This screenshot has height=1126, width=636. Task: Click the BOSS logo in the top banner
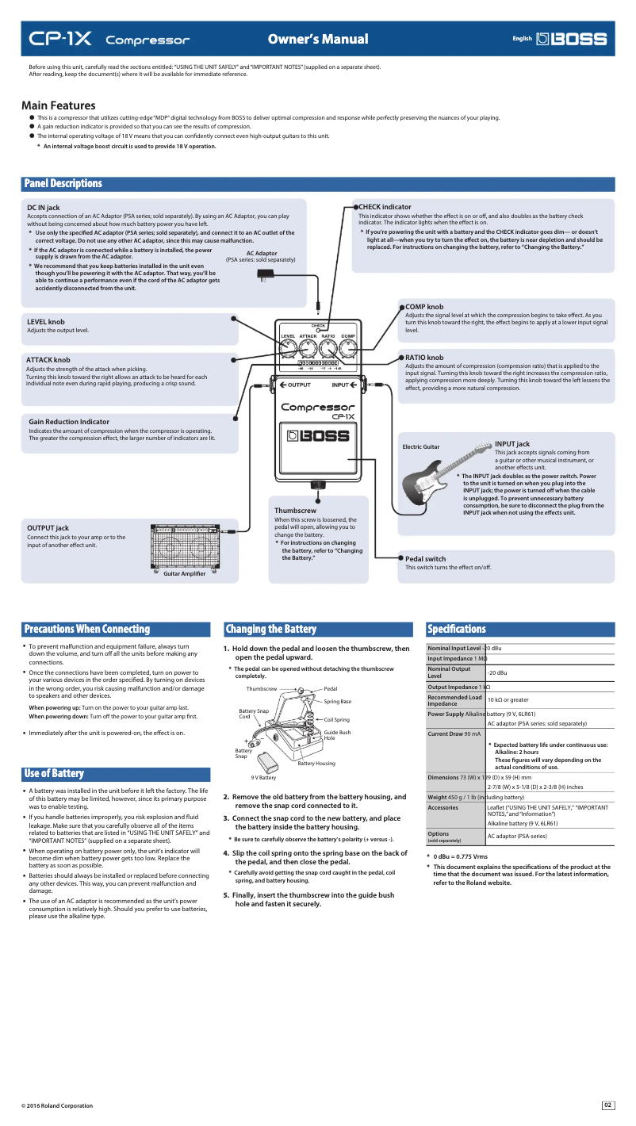[571, 39]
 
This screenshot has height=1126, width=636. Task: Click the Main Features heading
[59, 105]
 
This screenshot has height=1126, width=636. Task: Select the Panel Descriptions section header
[63, 184]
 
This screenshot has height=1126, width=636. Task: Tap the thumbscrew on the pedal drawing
[317, 484]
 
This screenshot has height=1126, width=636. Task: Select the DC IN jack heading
[44, 208]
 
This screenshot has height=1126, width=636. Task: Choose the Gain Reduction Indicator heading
[69, 421]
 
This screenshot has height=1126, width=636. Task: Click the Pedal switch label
[425, 559]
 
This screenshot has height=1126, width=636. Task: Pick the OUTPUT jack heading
[48, 527]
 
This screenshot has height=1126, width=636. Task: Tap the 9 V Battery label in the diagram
[263, 778]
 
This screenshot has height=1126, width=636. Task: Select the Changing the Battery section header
[271, 630]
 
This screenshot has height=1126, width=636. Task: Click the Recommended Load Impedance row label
[454, 700]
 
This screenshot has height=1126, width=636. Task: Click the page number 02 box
[608, 1105]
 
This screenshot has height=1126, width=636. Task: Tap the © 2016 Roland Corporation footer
[57, 1106]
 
